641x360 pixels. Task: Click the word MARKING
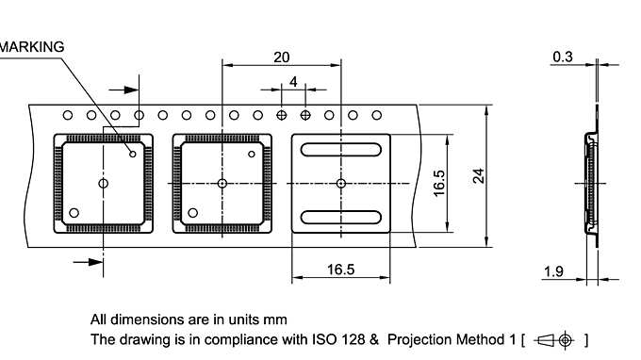(32, 46)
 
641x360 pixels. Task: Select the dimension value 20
(282, 57)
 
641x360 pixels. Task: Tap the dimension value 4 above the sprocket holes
(293, 82)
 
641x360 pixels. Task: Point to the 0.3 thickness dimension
(563, 57)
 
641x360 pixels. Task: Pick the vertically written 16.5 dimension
(439, 183)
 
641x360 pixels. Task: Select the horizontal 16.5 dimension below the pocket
(340, 270)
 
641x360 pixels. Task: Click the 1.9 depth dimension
(554, 271)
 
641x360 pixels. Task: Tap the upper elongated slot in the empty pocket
(340, 148)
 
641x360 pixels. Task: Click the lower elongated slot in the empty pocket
(340, 218)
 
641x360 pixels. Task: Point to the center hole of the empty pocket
(340, 183)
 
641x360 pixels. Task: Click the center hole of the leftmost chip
(104, 183)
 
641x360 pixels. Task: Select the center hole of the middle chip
(222, 183)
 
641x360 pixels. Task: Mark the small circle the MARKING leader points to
(133, 154)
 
